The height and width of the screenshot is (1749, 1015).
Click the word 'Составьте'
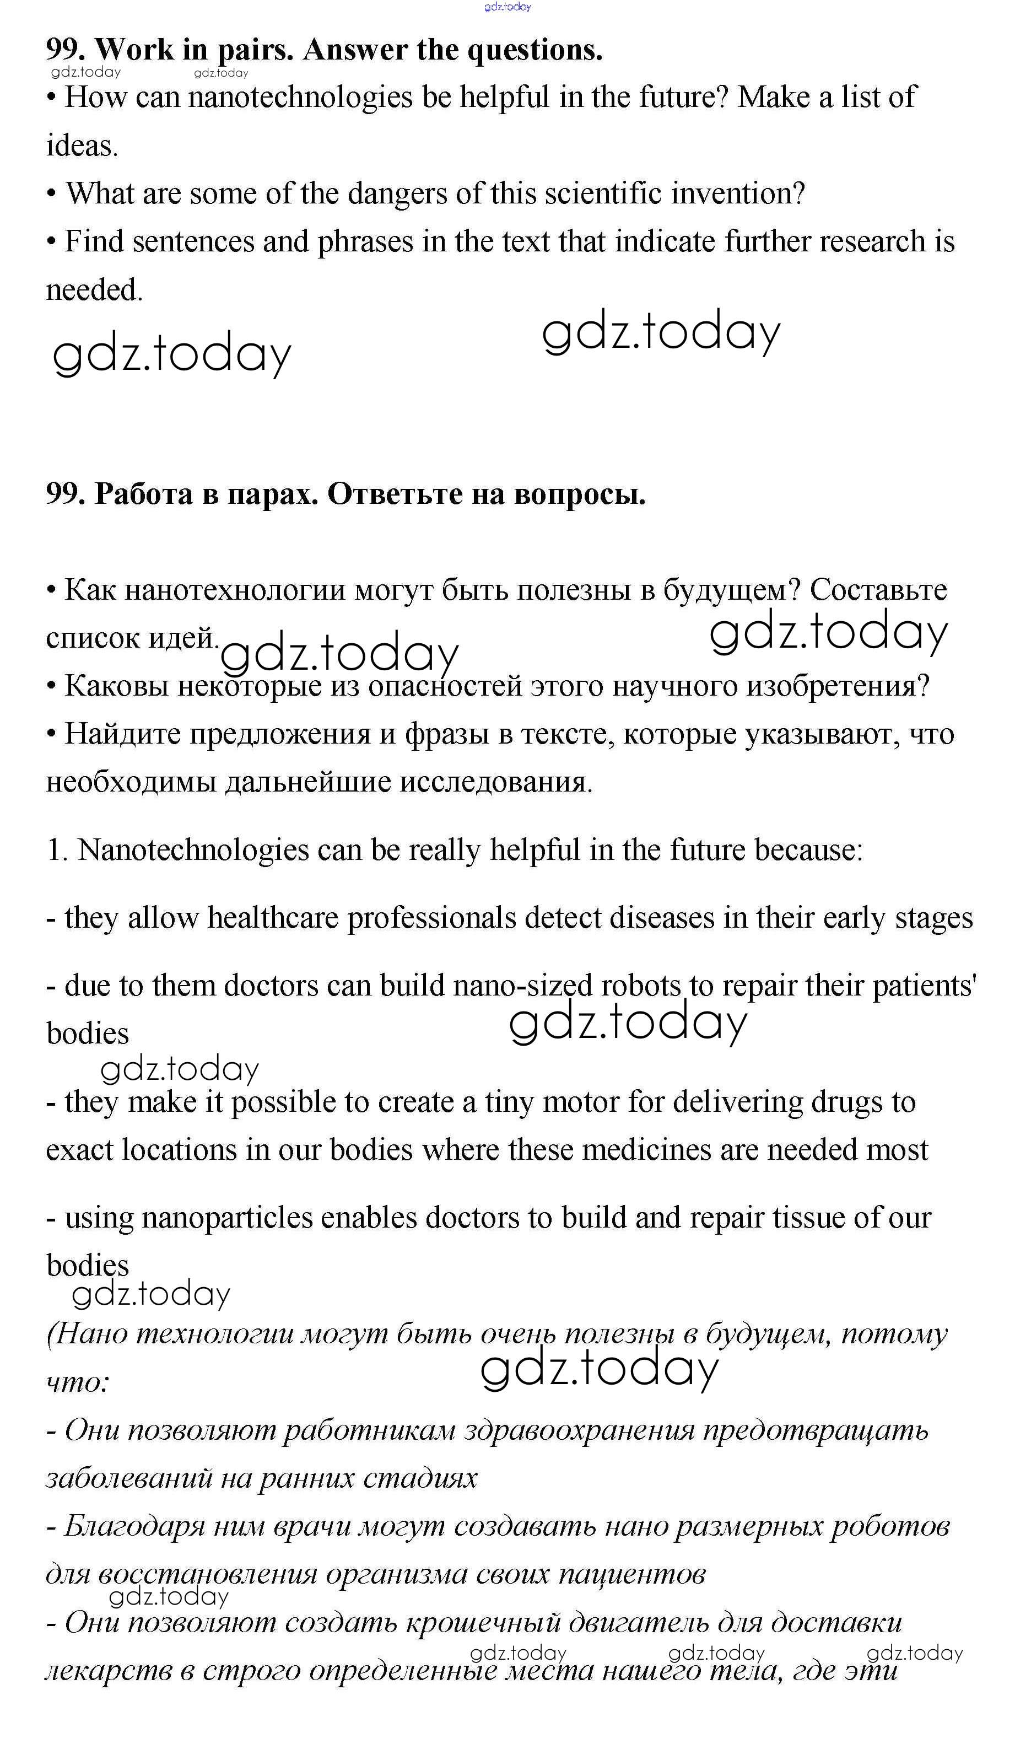coord(878,590)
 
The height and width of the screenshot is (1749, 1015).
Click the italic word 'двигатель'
coord(638,1623)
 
